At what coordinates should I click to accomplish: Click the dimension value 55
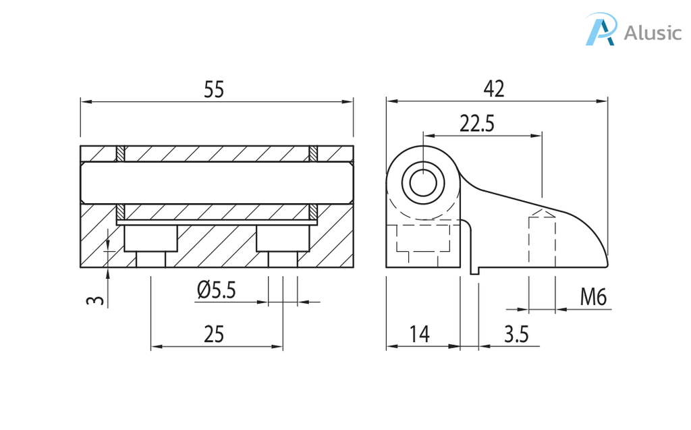(214, 90)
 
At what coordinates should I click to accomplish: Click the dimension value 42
(494, 88)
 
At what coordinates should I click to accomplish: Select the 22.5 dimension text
(477, 123)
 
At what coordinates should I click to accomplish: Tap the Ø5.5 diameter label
(217, 290)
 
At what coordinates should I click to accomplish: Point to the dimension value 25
(214, 333)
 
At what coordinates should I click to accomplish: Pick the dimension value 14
(419, 333)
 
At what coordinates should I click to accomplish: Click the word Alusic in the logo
(653, 32)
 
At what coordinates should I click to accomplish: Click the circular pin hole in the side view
(423, 182)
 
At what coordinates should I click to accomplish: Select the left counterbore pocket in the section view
(150, 238)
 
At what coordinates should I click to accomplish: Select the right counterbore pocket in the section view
(283, 238)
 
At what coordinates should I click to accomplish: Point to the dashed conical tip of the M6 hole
(542, 214)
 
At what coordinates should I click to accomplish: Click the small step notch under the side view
(475, 270)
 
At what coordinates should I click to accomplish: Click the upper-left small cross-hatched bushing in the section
(121, 154)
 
